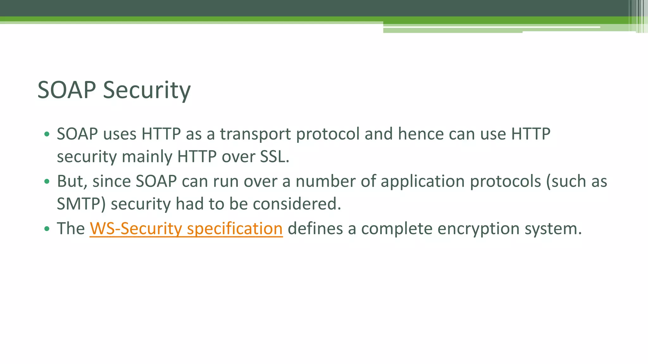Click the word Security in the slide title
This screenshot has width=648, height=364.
(147, 90)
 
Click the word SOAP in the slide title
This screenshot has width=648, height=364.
(67, 90)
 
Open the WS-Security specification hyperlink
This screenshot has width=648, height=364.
(186, 229)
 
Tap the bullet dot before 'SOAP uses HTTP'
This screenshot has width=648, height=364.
(47, 134)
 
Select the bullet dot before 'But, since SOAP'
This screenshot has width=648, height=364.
(47, 182)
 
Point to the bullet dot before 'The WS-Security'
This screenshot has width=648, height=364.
(47, 229)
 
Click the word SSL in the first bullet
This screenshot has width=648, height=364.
(274, 157)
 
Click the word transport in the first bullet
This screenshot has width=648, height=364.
(255, 134)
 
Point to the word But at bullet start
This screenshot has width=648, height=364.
(72, 182)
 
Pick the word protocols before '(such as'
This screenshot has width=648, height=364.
(505, 182)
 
